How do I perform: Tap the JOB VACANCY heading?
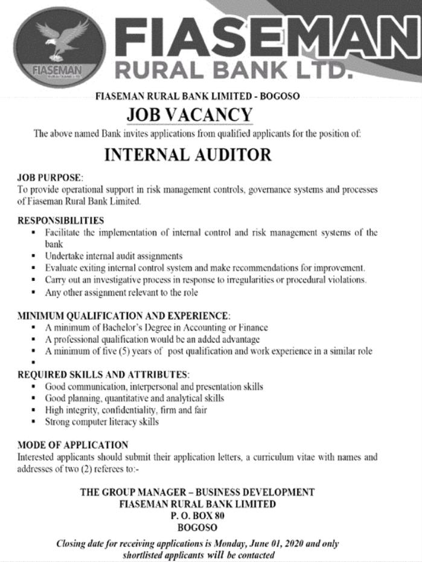click(x=189, y=114)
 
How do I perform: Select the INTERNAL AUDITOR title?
click(x=188, y=155)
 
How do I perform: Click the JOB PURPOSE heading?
click(x=50, y=178)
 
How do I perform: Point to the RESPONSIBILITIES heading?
click(x=60, y=221)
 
